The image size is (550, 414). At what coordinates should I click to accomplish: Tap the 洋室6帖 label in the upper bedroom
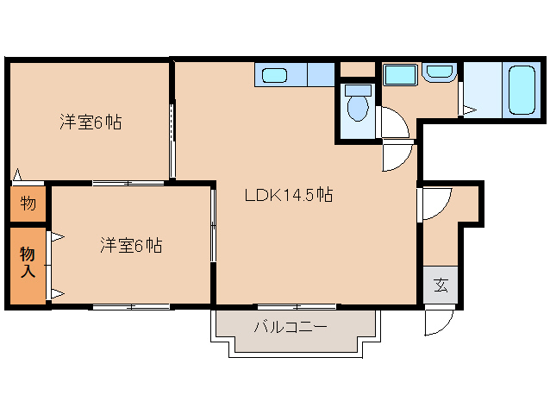(90, 122)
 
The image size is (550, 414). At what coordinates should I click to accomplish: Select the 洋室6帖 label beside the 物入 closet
(130, 246)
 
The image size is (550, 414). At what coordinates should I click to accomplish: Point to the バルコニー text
(290, 328)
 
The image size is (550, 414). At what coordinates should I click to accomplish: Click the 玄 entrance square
(441, 285)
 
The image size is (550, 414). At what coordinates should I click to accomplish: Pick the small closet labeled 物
(28, 204)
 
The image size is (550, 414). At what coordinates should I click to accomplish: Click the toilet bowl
(357, 110)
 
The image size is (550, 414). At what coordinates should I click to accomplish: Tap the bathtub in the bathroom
(522, 89)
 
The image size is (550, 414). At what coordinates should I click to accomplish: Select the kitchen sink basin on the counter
(274, 75)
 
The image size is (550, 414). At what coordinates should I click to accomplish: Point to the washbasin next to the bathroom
(439, 74)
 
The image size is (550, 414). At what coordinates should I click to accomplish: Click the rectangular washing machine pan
(399, 75)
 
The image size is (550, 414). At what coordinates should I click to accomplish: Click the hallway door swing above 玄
(434, 201)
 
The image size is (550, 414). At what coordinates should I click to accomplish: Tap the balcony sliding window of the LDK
(297, 306)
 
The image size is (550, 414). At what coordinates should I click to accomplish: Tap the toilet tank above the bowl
(357, 89)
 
